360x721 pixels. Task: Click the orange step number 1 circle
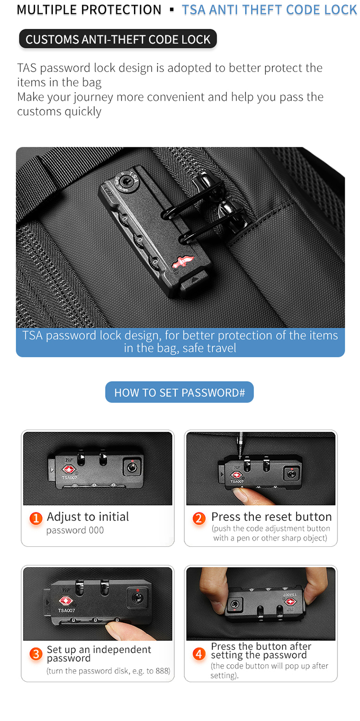36,519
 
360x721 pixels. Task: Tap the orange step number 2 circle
199,519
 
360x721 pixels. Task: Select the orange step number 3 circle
36,654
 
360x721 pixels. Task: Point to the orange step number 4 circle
199,654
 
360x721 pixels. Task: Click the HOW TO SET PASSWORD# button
180,393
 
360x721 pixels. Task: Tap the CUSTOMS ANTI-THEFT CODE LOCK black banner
118,39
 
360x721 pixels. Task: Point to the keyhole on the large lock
126,181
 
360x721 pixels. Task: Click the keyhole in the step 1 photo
132,467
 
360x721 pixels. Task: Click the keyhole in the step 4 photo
236,604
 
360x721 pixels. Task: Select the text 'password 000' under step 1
75,530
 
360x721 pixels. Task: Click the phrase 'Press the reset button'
271,517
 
